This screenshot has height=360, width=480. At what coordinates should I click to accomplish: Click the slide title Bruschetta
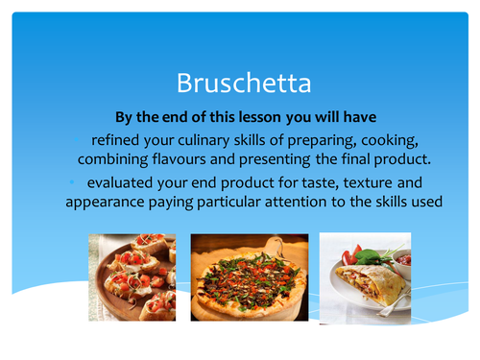[240, 84]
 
